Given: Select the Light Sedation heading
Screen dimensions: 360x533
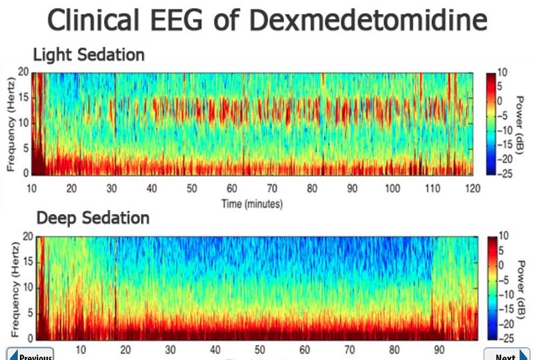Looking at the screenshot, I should pos(88,55).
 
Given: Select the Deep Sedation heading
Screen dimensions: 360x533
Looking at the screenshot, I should pos(93,218).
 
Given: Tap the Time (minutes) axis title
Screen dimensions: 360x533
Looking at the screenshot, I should pos(252,203).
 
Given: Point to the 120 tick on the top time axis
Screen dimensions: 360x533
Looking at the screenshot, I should pos(472,189).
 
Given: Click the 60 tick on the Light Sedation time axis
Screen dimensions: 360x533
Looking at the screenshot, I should pos(232,189).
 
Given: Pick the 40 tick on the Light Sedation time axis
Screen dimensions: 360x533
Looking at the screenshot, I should pos(152,189).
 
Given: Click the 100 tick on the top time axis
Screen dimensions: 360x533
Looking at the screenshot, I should pos(392,189).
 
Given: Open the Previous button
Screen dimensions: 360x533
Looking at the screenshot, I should pos(31,355).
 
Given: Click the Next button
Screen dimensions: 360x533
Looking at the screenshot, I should pos(506,355).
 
